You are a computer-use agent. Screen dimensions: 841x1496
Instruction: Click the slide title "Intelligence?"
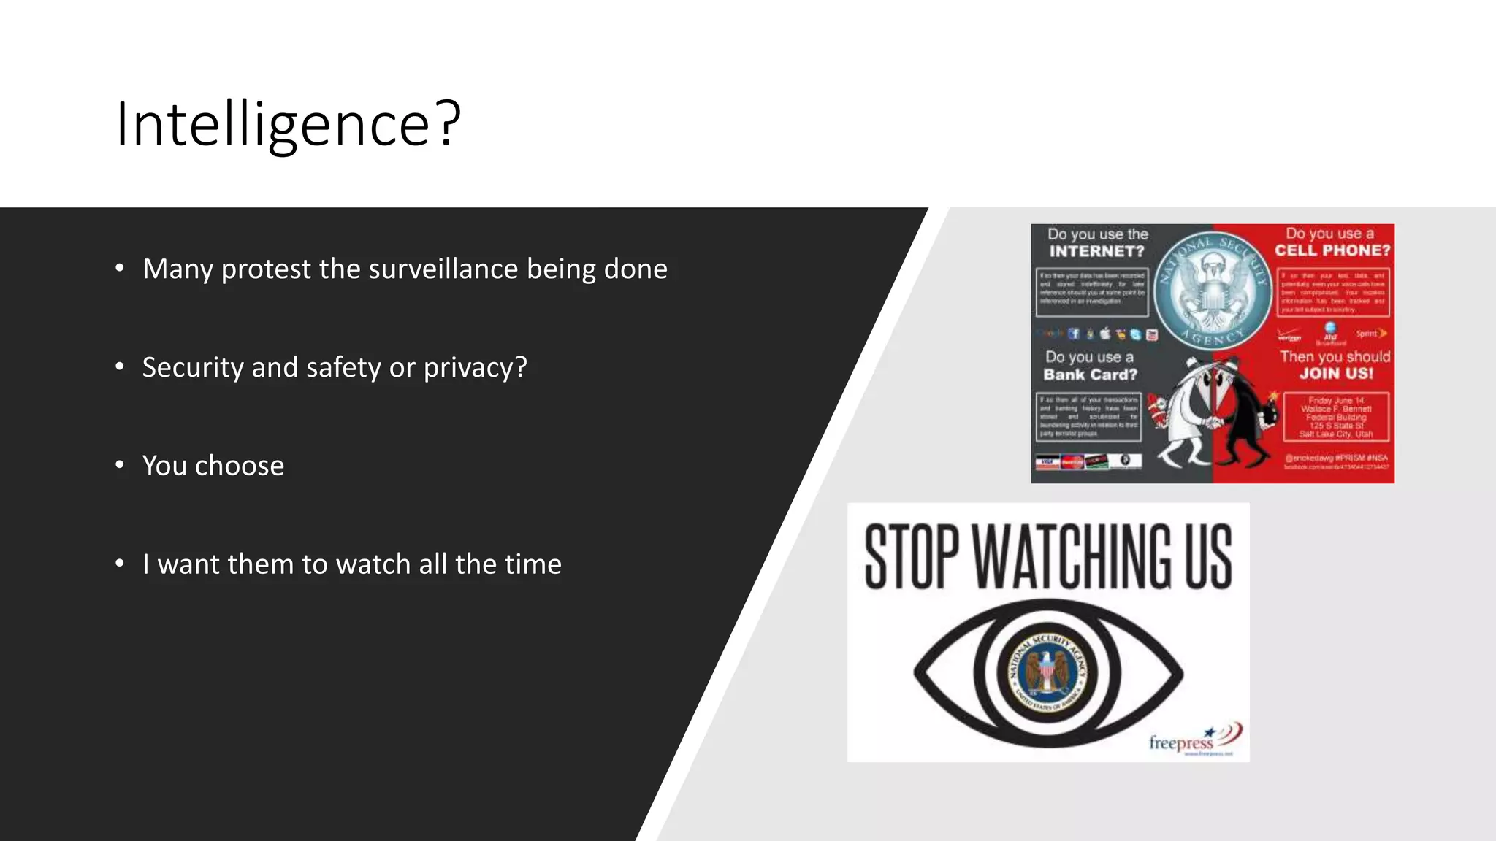click(288, 124)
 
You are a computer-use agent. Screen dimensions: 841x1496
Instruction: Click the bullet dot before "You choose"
click(120, 464)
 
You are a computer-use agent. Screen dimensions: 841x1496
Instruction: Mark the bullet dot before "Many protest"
click(120, 268)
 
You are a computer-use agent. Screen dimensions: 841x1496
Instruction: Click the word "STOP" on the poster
click(912, 556)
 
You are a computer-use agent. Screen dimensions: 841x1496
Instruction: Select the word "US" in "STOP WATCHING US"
click(1208, 556)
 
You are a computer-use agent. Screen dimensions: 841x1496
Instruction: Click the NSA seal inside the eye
click(1047, 672)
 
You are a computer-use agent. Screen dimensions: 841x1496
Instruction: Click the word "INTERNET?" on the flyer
click(1096, 251)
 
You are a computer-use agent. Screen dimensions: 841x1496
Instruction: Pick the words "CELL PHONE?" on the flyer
click(1332, 250)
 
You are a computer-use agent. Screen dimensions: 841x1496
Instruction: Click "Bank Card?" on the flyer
click(1090, 375)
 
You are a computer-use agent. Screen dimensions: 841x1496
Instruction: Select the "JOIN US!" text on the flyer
click(1336, 374)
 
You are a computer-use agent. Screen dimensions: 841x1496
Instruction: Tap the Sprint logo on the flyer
click(1370, 334)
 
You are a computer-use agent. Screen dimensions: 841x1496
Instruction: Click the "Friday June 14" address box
click(1336, 418)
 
